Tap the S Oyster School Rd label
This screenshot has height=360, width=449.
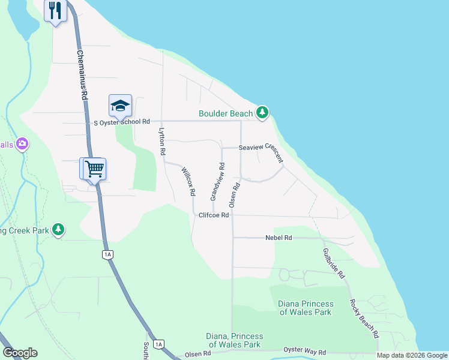tap(122, 122)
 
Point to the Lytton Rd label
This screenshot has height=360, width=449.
tap(161, 141)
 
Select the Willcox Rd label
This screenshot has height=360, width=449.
tap(188, 182)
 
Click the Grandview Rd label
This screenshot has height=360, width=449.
tap(217, 182)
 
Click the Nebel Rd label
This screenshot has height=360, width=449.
tap(279, 238)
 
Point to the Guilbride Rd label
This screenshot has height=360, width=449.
tap(334, 262)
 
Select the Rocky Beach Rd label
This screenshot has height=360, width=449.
tap(364, 317)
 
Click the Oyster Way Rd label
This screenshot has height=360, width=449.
tap(305, 352)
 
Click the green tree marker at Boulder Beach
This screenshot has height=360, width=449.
tap(262, 112)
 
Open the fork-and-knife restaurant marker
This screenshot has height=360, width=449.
tap(55, 10)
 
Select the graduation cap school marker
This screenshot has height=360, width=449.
tap(120, 106)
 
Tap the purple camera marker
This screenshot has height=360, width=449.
tap(22, 143)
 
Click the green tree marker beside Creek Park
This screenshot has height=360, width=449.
tap(58, 229)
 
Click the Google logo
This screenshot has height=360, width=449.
tap(20, 353)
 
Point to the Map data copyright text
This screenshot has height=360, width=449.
tap(412, 355)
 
